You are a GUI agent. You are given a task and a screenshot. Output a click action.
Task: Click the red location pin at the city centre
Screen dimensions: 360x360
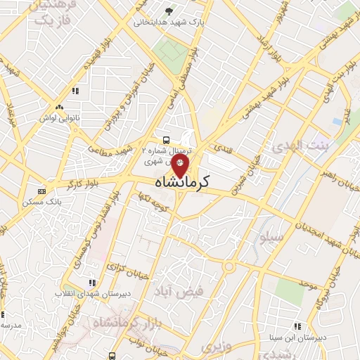coord(180,166)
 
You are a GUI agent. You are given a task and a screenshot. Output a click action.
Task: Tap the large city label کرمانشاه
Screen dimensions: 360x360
coord(181,182)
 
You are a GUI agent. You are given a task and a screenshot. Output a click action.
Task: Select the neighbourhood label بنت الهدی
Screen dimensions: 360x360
coord(296,146)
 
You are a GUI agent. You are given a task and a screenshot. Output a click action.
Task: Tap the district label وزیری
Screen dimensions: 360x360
coord(217,347)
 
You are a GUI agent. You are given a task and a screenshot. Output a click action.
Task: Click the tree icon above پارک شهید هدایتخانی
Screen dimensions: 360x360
coord(168,11)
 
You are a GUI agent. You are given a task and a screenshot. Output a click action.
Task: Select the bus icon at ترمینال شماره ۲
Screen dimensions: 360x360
coord(165,140)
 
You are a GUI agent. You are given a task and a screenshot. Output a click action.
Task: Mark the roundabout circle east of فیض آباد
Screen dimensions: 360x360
coord(229,267)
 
